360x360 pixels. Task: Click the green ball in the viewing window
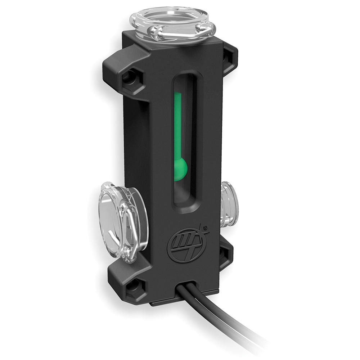[180, 168]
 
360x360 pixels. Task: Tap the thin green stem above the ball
[177, 122]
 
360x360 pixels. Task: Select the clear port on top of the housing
[172, 23]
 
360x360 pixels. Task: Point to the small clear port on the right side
[229, 204]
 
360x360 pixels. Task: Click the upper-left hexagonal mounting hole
[129, 77]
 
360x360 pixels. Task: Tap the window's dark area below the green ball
[182, 194]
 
